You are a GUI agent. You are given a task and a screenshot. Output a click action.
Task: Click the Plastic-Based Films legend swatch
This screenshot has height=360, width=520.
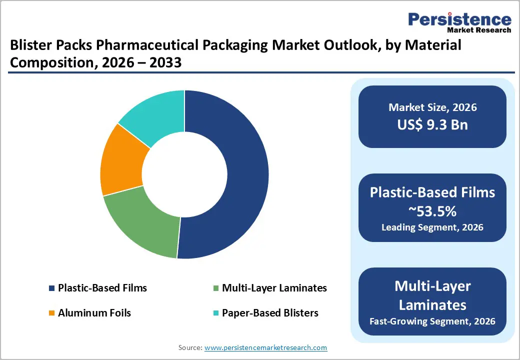(x=51, y=288)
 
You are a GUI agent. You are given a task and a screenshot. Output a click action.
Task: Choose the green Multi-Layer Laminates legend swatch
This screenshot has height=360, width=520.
(x=215, y=288)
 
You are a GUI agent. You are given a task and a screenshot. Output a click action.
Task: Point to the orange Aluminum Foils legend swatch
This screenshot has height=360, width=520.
(x=51, y=313)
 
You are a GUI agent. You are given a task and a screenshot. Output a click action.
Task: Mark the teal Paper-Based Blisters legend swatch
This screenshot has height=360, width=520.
(x=215, y=313)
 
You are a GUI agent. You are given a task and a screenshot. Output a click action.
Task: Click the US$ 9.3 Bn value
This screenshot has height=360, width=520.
(x=432, y=124)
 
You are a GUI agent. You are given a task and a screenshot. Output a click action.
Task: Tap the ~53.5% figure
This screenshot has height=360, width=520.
(x=432, y=211)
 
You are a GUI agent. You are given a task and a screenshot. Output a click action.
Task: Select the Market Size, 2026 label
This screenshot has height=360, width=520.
(x=432, y=107)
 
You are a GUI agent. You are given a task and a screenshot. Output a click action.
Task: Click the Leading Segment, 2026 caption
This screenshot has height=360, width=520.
(x=432, y=227)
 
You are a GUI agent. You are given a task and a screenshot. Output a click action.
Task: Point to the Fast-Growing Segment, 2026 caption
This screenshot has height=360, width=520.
(x=432, y=321)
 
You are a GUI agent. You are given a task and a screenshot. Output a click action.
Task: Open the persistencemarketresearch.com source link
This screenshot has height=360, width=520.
(x=266, y=347)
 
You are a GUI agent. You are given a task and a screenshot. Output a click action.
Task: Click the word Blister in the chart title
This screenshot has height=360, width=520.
(x=29, y=46)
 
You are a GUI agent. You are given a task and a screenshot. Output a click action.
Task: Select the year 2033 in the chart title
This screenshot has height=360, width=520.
(x=165, y=63)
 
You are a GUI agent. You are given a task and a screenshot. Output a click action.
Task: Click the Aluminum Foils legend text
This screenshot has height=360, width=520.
(x=94, y=313)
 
